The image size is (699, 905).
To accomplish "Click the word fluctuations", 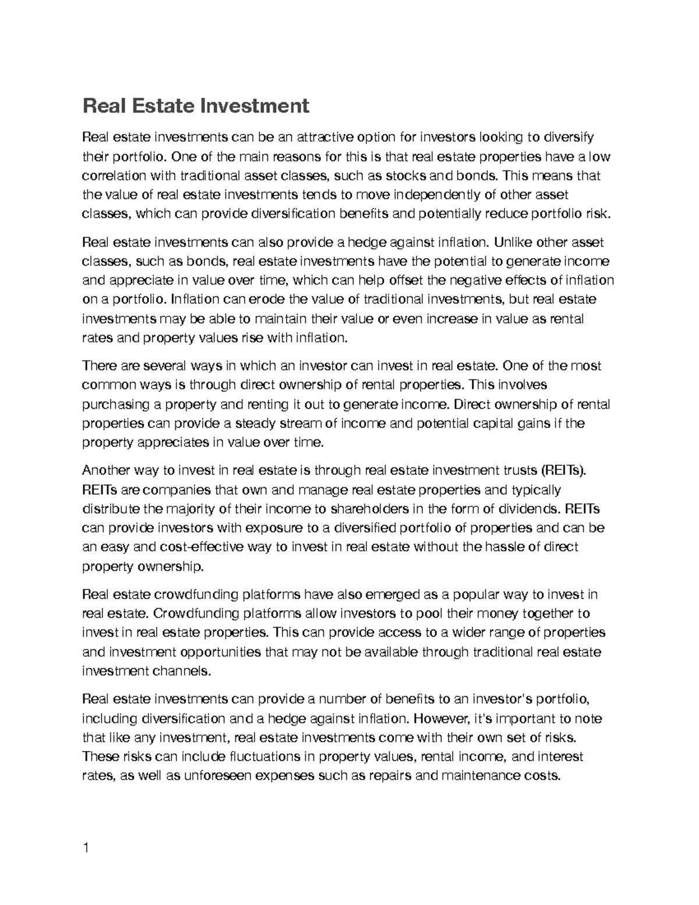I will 263,756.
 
